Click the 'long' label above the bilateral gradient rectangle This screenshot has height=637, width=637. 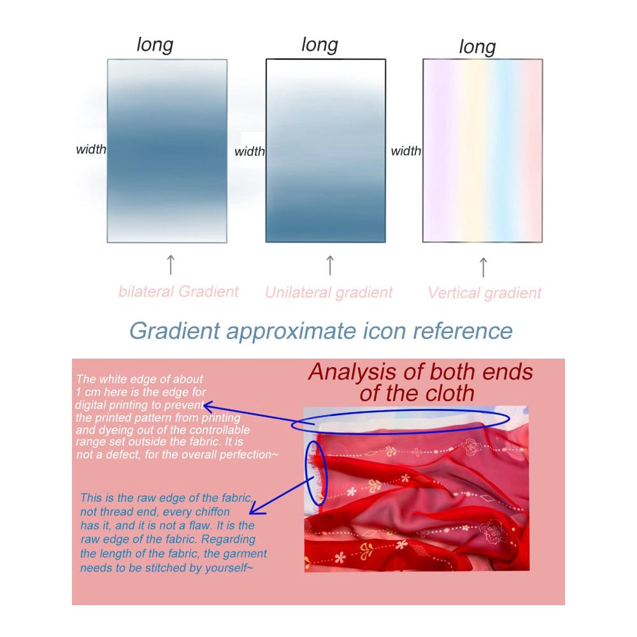point(155,45)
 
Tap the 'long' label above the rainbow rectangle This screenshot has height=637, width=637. point(477,47)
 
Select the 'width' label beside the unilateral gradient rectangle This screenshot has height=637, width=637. point(250,152)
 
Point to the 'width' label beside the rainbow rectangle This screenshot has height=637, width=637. point(406,151)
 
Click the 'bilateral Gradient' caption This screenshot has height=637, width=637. point(178,291)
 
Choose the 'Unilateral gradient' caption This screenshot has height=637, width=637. point(329,292)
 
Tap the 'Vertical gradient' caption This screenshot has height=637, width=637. point(484,292)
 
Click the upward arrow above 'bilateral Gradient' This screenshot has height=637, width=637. point(171,265)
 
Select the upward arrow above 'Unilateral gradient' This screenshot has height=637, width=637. point(330,265)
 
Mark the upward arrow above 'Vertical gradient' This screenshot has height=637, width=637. point(483,268)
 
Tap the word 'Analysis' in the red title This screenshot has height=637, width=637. point(352,372)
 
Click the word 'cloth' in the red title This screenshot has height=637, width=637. point(450,393)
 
